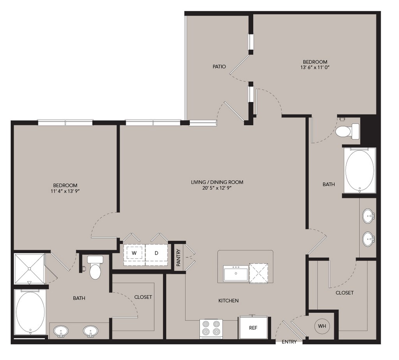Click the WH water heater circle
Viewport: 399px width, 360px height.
point(322,325)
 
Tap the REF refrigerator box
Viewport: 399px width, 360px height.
point(253,328)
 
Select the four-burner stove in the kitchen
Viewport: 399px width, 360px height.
point(211,328)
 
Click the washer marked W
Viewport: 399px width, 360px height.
point(134,253)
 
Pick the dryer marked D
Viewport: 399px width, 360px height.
point(157,253)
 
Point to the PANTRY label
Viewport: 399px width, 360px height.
point(178,258)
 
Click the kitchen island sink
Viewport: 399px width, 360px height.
point(235,274)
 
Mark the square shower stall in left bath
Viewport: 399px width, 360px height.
point(29,269)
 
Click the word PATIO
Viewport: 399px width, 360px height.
point(219,67)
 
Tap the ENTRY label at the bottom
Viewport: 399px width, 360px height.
point(289,342)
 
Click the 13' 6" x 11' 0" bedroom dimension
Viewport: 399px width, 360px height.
point(315,68)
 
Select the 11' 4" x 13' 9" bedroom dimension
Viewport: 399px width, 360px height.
point(65,191)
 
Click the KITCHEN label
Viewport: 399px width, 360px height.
point(228,300)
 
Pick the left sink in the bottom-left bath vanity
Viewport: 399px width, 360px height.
point(61,332)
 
